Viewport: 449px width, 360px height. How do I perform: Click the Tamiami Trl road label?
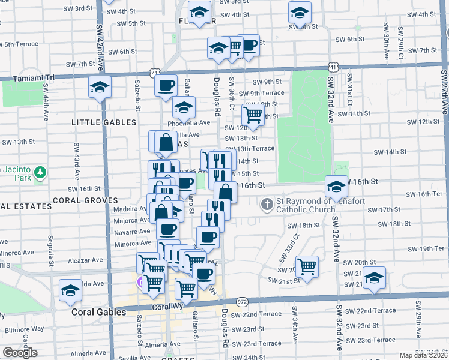coord(35,77)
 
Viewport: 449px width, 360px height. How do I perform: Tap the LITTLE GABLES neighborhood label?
coord(104,122)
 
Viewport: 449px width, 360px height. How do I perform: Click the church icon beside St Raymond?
coord(268,204)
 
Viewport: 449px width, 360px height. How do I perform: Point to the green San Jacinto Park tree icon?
coord(40,173)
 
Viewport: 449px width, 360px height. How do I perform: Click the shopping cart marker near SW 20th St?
coord(307,266)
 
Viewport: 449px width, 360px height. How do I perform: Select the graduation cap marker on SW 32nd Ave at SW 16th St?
coord(336,187)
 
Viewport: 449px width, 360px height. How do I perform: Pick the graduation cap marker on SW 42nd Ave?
coord(100,88)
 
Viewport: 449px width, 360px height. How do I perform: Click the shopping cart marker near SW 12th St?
coord(253,115)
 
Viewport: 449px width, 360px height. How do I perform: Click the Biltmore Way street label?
coord(29,328)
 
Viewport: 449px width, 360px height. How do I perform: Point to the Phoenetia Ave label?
coord(191,122)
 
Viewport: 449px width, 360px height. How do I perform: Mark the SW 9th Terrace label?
coord(263,93)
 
